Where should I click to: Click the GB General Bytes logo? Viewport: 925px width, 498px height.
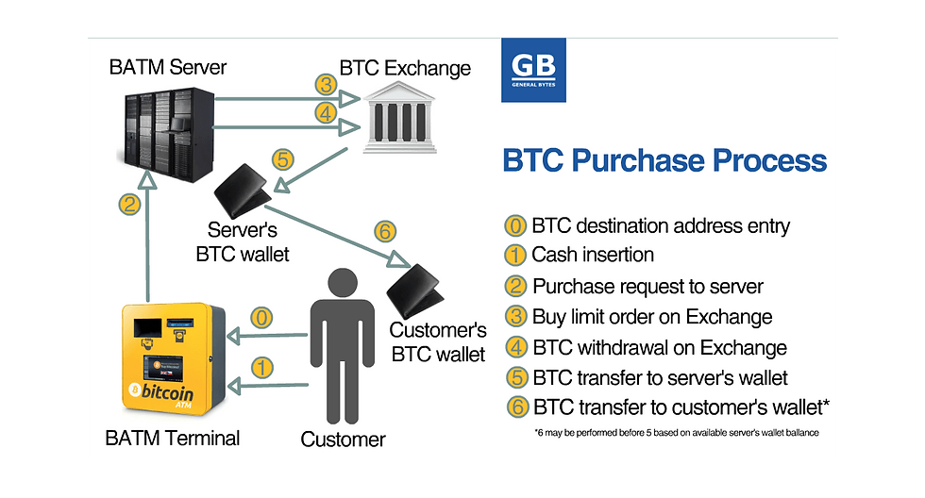[533, 70]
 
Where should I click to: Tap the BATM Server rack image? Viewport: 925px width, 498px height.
[168, 133]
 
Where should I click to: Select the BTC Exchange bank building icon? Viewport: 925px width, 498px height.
[399, 118]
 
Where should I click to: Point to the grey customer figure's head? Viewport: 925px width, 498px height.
[342, 283]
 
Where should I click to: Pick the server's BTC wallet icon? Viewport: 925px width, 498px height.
[242, 191]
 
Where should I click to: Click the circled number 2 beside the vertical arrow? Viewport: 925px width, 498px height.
[129, 205]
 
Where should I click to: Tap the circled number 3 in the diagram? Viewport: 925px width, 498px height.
[326, 84]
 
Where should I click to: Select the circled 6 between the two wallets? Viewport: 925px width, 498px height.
[385, 231]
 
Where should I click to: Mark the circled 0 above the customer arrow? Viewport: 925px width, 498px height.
[261, 318]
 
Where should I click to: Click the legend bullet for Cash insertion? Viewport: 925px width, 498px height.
[515, 256]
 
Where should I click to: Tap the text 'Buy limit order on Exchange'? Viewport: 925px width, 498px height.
[652, 317]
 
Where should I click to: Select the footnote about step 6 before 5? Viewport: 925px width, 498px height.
[677, 433]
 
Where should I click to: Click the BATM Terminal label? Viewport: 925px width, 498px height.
[172, 438]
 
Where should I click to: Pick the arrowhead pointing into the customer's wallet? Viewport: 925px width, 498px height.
[399, 259]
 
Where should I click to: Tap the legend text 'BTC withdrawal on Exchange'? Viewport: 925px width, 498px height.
[660, 348]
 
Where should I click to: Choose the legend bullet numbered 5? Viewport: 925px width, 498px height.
[517, 377]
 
